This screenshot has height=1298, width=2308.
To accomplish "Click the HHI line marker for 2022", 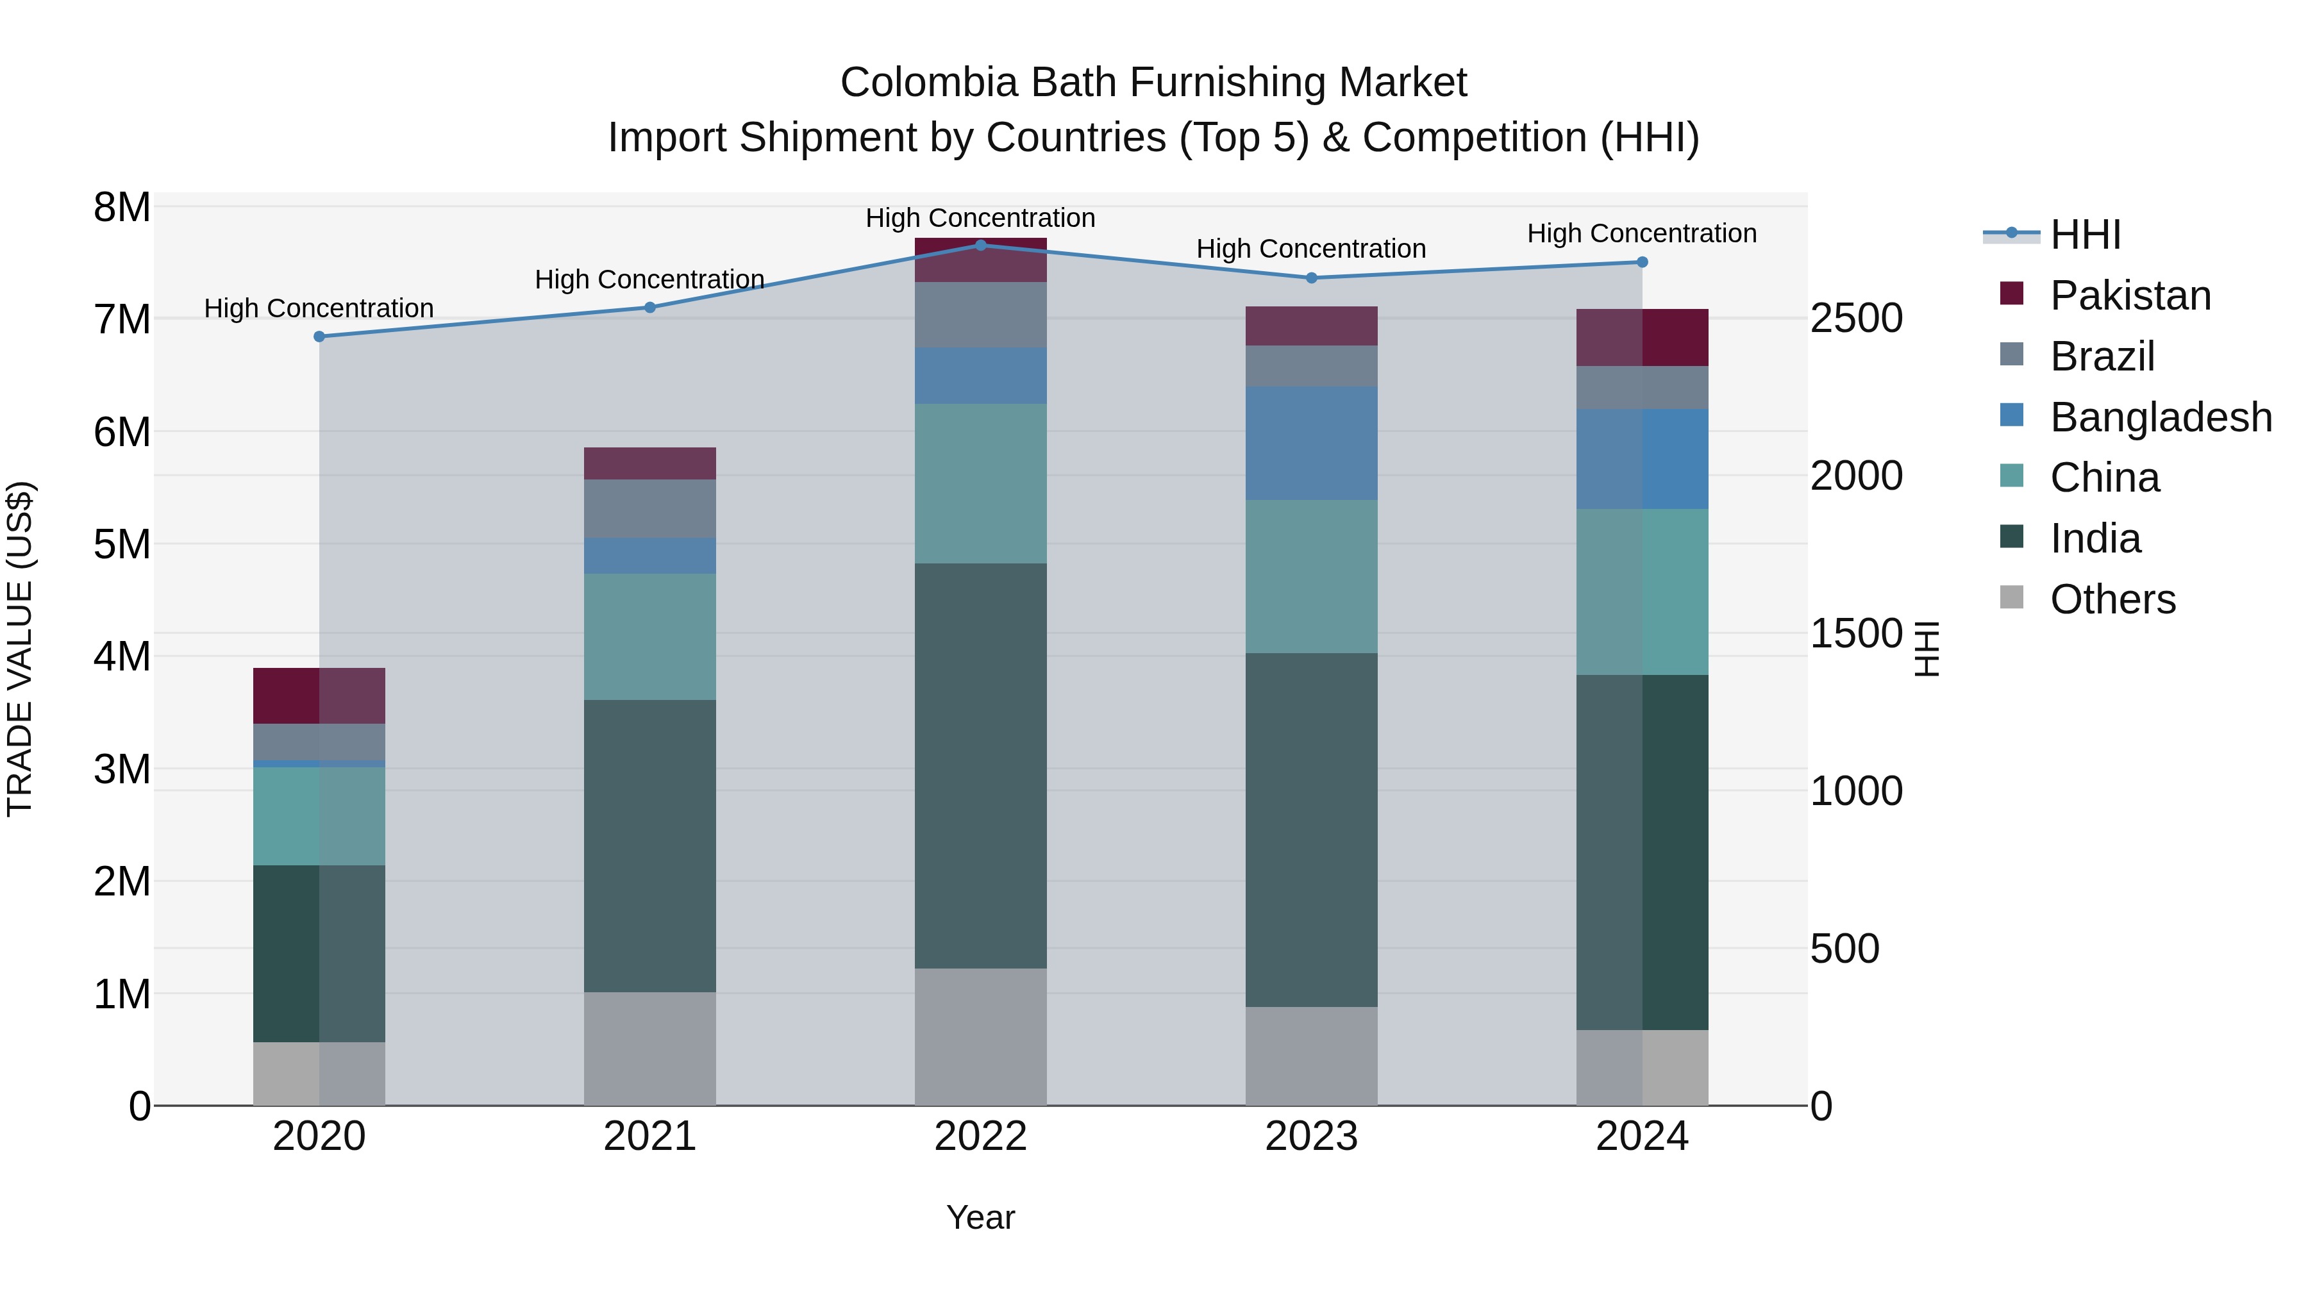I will click(x=980, y=245).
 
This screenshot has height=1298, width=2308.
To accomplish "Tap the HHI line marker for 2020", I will click(x=319, y=337).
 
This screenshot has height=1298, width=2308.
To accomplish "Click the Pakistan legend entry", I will click(x=2130, y=295).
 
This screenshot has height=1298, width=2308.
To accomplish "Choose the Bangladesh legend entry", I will click(x=2160, y=417).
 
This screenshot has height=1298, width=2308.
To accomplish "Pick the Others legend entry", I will click(x=2112, y=599).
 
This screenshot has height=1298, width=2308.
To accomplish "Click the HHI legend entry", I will click(x=2085, y=235).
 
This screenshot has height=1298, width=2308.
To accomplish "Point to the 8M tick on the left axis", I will click(x=122, y=208).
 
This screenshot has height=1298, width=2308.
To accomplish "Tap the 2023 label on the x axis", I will click(x=1311, y=1136).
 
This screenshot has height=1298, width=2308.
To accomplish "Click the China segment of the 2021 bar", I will click(x=649, y=637).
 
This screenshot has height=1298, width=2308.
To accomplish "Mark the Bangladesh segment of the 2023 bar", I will click(x=1311, y=444).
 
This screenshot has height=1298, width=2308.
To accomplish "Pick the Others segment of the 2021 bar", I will click(x=649, y=1048).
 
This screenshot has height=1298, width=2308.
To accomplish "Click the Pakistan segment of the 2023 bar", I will click(x=1311, y=326).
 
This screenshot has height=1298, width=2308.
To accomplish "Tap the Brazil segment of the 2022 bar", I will click(x=980, y=315).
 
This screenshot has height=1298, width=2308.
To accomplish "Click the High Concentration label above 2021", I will click(x=649, y=279).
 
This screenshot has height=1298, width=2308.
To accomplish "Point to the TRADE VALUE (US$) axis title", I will click(x=20, y=649).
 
